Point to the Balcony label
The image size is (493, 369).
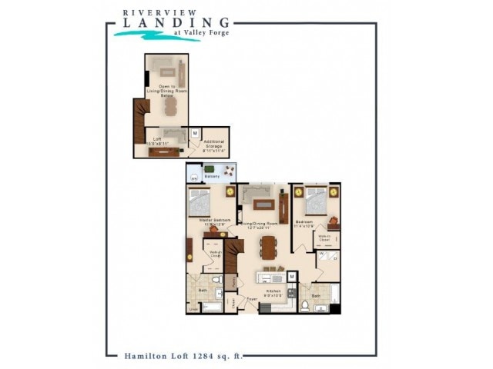[213, 177]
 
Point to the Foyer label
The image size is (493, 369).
[251, 299]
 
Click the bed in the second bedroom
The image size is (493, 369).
[316, 201]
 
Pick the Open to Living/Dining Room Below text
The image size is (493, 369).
[167, 91]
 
